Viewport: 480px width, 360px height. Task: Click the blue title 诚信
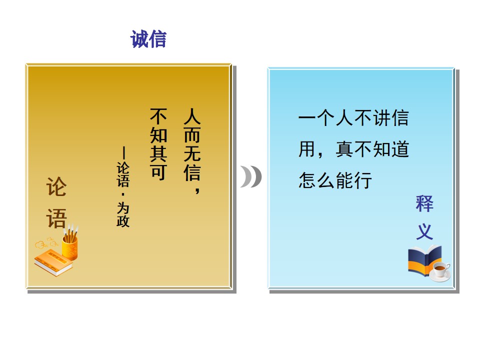(148, 39)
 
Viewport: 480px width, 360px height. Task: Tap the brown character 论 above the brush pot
(56, 186)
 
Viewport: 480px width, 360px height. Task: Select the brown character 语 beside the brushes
(56, 218)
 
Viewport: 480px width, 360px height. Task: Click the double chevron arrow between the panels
(251, 176)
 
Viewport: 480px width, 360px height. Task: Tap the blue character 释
(424, 203)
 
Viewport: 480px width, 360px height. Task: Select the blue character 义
(424, 231)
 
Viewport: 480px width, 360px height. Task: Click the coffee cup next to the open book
(440, 271)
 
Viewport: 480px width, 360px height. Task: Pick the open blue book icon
(424, 260)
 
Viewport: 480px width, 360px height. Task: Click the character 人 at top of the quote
(192, 116)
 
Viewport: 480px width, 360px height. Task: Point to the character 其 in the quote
(158, 153)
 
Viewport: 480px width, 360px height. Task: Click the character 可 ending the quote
(158, 172)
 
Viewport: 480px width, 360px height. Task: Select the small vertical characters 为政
(123, 214)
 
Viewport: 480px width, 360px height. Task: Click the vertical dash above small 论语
(123, 153)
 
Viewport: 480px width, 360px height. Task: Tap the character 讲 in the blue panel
(381, 118)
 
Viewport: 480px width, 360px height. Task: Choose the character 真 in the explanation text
(344, 149)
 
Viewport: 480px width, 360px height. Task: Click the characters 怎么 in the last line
(317, 180)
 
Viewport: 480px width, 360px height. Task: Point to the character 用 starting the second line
(307, 149)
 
